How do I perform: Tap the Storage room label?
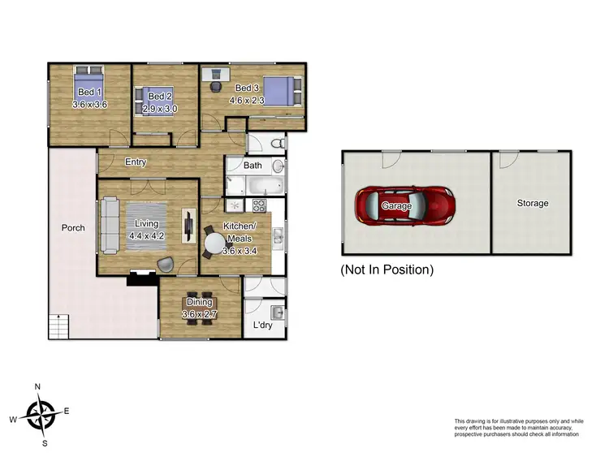533,203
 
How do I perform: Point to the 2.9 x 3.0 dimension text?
160,108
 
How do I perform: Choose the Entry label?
136,162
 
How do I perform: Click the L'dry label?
261,325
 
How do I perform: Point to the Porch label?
73,228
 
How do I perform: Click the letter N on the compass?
37,386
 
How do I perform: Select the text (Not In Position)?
387,269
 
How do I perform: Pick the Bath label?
253,166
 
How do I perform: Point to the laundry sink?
276,311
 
